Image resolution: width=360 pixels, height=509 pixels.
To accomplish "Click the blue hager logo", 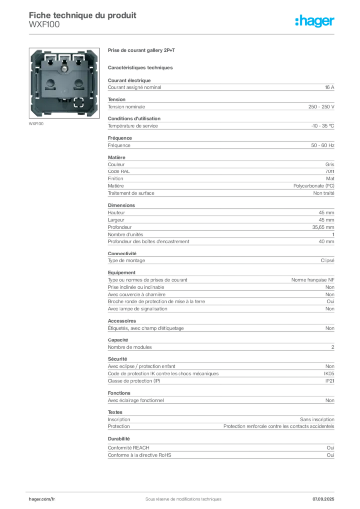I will pyautogui.click(x=316, y=21).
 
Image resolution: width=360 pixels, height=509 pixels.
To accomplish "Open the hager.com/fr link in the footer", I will pyautogui.click(x=42, y=498).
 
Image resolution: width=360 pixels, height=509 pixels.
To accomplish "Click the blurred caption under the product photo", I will pyautogui.click(x=37, y=123).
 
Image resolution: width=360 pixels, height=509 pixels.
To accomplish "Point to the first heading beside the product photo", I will pyautogui.click(x=143, y=51).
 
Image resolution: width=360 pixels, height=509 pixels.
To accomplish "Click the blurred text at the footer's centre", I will pyautogui.click(x=179, y=495).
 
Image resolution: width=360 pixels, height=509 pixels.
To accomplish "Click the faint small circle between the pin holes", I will pyautogui.click(x=64, y=81).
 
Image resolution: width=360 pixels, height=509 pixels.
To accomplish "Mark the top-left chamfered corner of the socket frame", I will pyautogui.click(x=33, y=51).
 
